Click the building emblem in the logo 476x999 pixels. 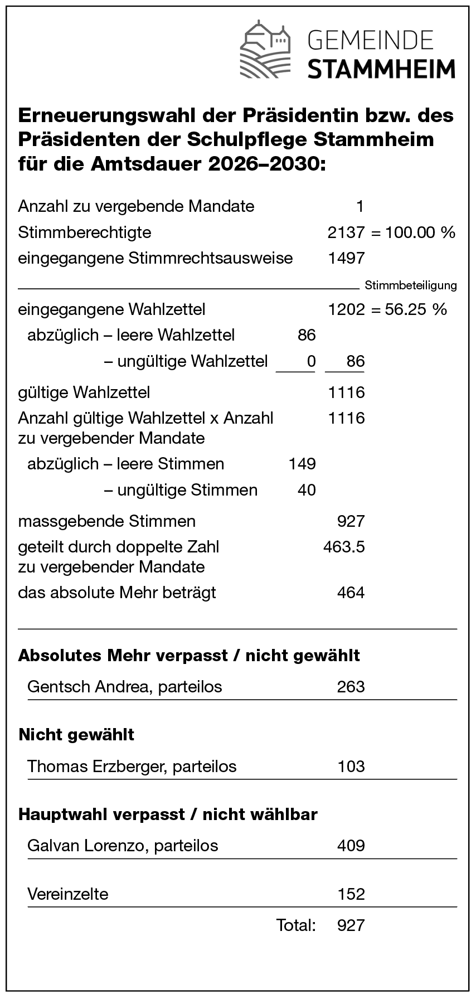[266, 50]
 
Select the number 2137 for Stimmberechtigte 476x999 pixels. [346, 232]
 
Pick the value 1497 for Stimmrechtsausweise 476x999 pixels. [346, 258]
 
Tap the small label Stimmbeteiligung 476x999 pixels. [411, 285]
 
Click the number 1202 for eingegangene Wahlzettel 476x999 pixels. [346, 309]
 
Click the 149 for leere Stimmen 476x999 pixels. [302, 464]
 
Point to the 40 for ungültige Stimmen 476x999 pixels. [307, 490]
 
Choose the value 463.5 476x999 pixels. [344, 547]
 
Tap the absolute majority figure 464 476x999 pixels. [351, 592]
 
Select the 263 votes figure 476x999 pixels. [351, 686]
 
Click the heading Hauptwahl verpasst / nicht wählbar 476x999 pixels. [168, 814]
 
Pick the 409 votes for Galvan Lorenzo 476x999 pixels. [351, 846]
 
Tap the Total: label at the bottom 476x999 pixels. [296, 925]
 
